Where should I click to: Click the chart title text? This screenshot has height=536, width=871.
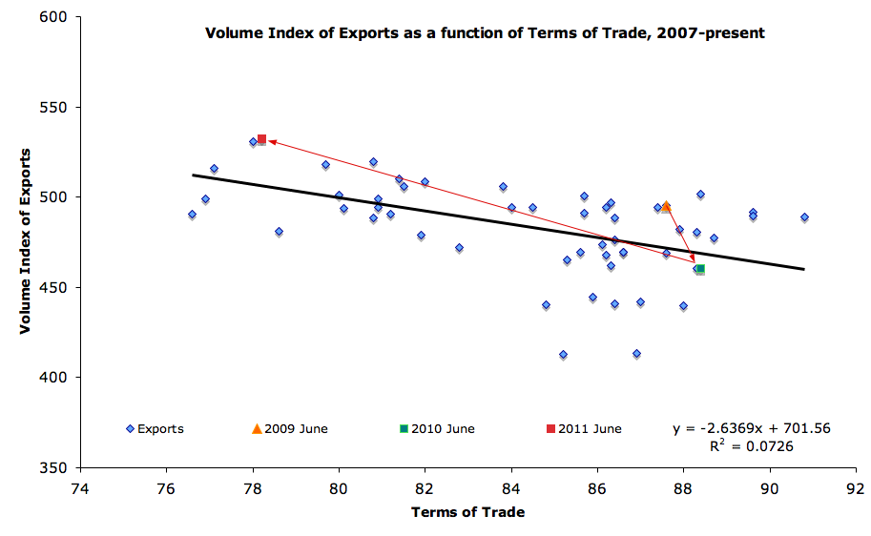click(486, 33)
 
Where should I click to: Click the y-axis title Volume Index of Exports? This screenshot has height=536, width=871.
click(27, 240)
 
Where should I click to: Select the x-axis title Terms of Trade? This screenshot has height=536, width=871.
click(467, 512)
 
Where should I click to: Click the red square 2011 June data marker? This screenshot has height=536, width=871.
click(261, 139)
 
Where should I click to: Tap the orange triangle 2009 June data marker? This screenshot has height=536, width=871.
click(666, 206)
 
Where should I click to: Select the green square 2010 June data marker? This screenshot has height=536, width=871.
click(700, 269)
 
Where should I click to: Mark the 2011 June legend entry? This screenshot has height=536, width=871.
click(583, 429)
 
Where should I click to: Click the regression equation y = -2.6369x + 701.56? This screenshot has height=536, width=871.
click(752, 428)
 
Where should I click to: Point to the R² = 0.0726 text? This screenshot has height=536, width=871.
click(752, 445)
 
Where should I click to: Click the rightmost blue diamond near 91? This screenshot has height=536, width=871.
click(804, 217)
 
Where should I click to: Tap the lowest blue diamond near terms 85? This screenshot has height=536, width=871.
click(563, 355)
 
